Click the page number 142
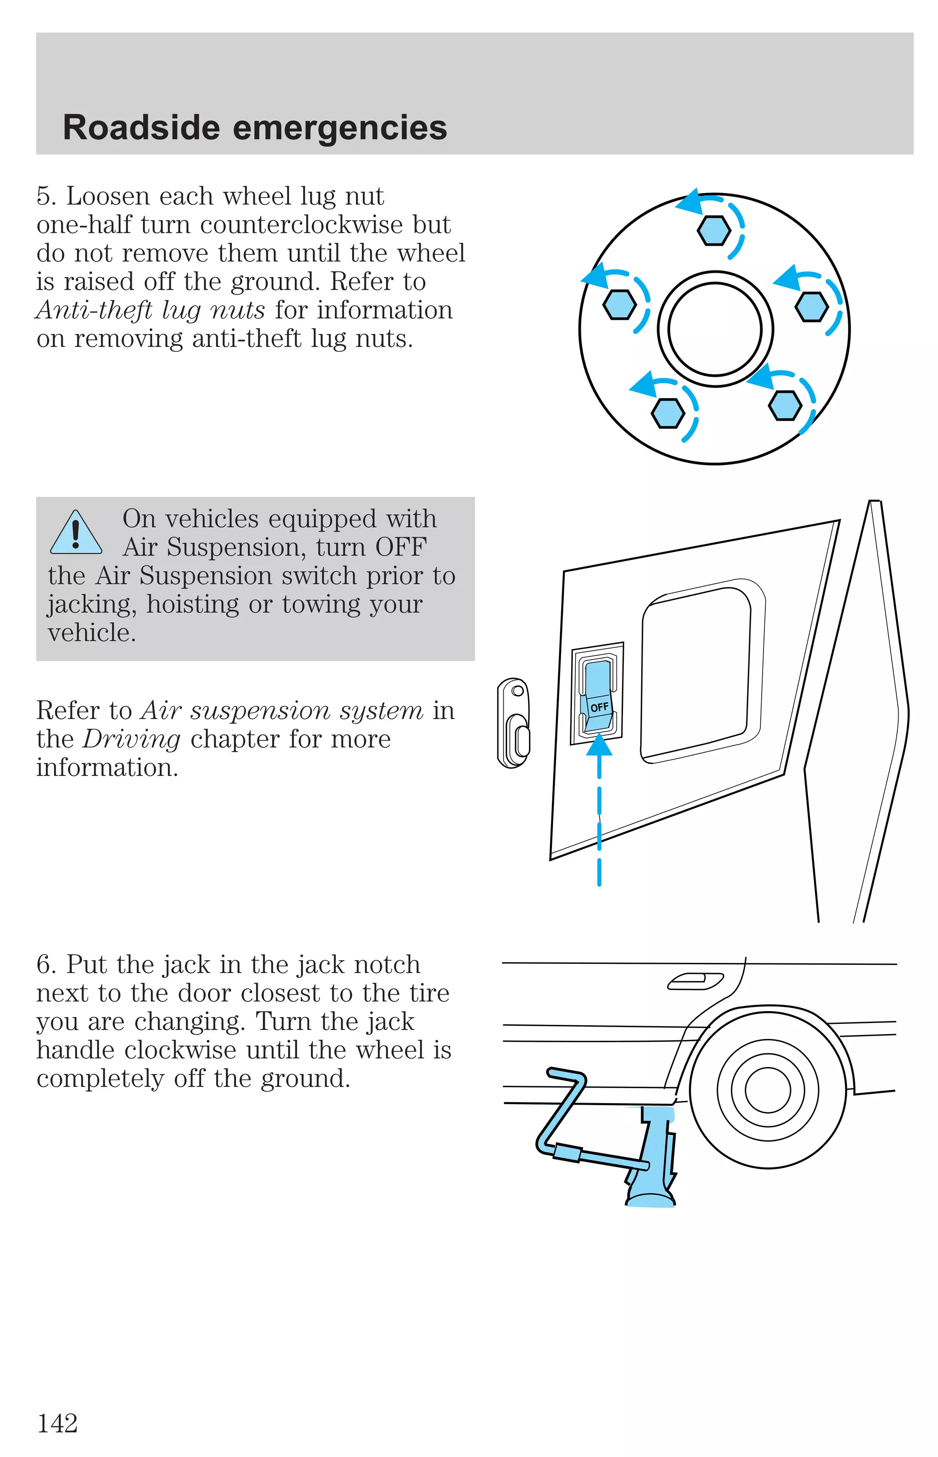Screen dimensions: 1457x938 pos(58,1424)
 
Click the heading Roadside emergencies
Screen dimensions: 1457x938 pos(255,127)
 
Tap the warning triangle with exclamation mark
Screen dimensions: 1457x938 pos(76,533)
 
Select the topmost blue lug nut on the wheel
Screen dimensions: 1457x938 pos(713,231)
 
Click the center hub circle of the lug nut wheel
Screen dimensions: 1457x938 pos(714,329)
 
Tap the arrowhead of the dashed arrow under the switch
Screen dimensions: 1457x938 pos(600,745)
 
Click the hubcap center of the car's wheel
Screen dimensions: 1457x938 pos(768,1090)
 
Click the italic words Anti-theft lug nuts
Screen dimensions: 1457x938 pos(150,310)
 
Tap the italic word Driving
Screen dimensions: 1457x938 pos(131,739)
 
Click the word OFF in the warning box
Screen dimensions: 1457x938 pos(400,547)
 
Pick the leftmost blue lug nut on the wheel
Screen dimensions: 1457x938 pos(619,303)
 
